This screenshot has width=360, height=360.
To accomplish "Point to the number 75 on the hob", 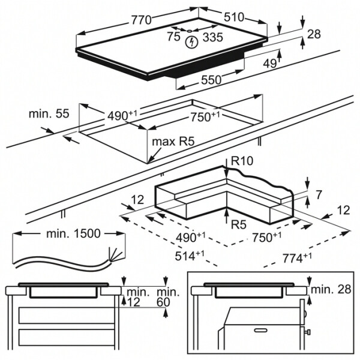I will pos(174,37).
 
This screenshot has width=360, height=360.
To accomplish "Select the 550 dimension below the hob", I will pos(213,80).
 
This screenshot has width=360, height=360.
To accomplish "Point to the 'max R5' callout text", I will pos(173,142).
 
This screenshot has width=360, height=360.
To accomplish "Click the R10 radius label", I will pos(243,161).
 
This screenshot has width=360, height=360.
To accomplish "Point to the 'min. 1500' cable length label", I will pos(71,233).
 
